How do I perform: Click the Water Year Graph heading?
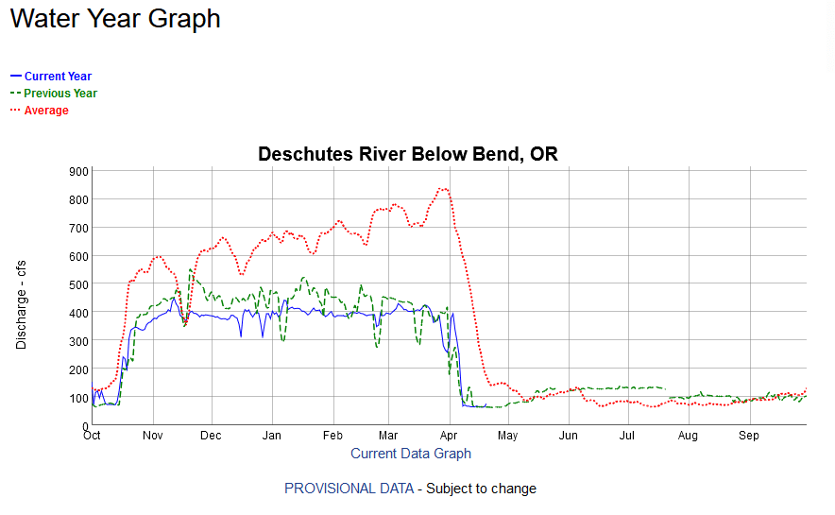click(115, 19)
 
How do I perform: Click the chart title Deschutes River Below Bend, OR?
click(408, 154)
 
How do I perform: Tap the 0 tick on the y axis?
click(85, 426)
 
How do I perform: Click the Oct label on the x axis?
click(92, 437)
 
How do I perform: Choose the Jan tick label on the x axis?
click(271, 437)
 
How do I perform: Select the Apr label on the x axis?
click(449, 437)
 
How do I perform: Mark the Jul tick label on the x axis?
click(627, 437)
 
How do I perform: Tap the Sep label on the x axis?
click(749, 437)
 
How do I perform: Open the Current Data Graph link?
click(411, 454)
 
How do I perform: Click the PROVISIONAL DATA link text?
click(349, 489)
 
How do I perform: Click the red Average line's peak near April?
click(443, 189)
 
